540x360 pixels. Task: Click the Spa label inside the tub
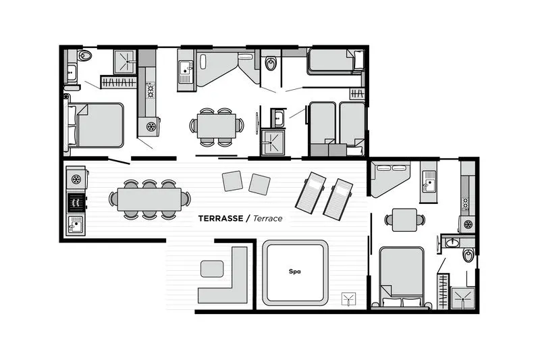[x=294, y=272]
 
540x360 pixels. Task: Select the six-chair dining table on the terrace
[x=149, y=199]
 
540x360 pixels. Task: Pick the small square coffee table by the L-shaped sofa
[x=212, y=269]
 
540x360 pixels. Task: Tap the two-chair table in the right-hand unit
[x=404, y=219]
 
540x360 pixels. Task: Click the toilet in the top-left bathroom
[x=86, y=55]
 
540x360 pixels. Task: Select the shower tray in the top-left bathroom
[x=125, y=61]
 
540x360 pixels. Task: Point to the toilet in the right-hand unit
[x=468, y=255]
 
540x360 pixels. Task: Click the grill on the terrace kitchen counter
[x=76, y=201]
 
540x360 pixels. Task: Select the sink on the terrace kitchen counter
[x=76, y=223]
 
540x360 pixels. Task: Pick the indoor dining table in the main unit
[x=217, y=124]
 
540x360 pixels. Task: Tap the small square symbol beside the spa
[x=350, y=297]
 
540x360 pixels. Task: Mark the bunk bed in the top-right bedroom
[x=335, y=61]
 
